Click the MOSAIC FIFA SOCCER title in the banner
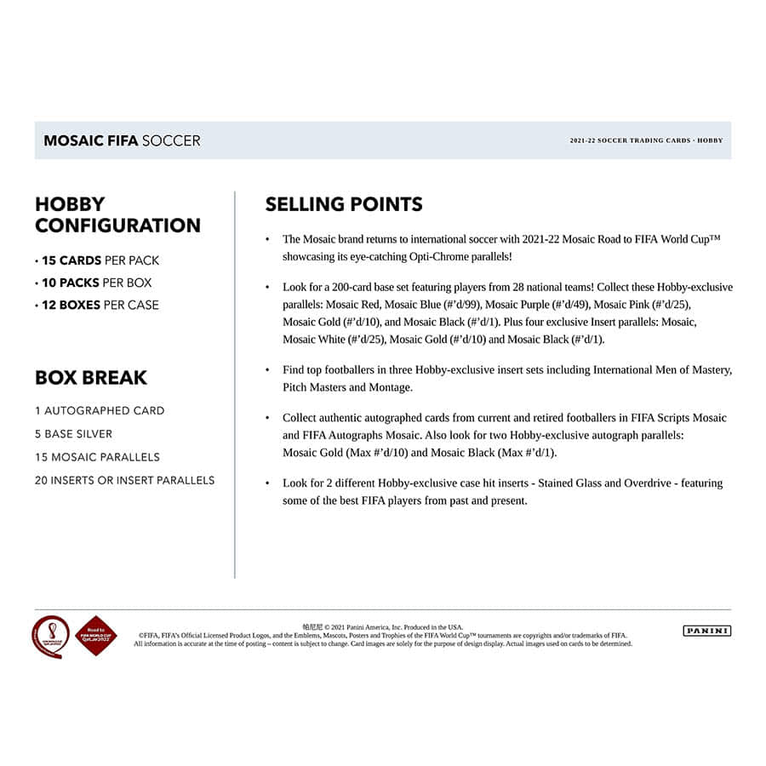pyautogui.click(x=122, y=140)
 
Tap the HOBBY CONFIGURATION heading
pyautogui.click(x=117, y=215)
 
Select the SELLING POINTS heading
pyautogui.click(x=344, y=204)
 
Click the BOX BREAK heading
pyautogui.click(x=91, y=377)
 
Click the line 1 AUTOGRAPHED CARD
pyautogui.click(x=100, y=410)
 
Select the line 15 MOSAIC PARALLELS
pyautogui.click(x=97, y=457)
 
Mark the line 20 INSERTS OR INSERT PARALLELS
pyautogui.click(x=124, y=480)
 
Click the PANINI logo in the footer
pyautogui.click(x=706, y=631)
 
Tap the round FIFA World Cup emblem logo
pyautogui.click(x=50, y=636)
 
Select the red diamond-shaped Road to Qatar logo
pyautogui.click(x=96, y=636)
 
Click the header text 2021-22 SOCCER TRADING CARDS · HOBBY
pyautogui.click(x=646, y=140)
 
